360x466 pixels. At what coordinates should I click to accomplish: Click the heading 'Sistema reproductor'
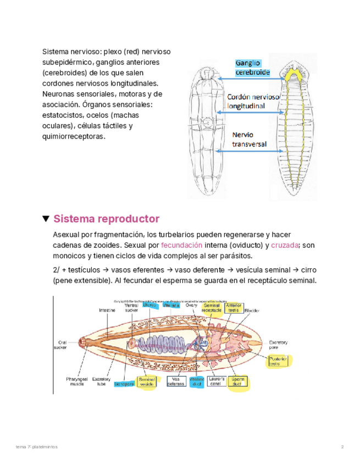106,219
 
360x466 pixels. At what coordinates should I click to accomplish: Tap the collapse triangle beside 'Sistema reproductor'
46,219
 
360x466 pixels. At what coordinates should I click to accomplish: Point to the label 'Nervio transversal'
249,140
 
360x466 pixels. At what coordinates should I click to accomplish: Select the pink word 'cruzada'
285,245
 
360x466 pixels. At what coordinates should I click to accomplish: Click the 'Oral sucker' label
61,344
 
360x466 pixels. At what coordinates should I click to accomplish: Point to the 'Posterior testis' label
279,361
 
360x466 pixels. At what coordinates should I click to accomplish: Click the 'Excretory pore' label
279,345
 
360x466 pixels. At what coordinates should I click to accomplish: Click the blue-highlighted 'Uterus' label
149,306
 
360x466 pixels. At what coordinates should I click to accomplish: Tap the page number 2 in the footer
342,447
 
